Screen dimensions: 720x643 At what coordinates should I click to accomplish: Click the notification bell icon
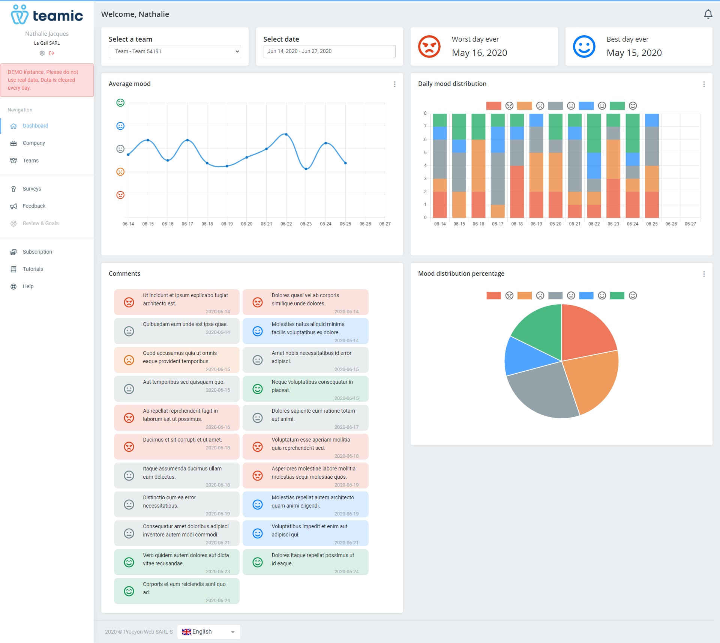708,14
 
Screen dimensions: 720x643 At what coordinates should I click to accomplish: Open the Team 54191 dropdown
175,51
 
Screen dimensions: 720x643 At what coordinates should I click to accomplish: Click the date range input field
329,51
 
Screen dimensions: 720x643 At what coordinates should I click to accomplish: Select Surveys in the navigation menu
32,189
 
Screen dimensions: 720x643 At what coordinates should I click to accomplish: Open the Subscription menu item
37,252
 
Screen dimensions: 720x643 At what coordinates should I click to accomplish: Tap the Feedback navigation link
34,206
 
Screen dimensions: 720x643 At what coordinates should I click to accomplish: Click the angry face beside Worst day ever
429,47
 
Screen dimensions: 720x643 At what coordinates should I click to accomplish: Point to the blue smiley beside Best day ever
584,47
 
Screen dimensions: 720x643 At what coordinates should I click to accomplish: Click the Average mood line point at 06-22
286,134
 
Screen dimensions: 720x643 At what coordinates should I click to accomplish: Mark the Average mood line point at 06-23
306,169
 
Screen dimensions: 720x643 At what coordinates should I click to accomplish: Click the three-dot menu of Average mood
394,84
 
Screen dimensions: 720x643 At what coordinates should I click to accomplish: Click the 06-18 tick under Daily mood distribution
517,224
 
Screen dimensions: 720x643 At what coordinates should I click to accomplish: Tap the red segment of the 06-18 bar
517,192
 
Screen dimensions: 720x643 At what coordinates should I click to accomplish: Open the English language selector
208,632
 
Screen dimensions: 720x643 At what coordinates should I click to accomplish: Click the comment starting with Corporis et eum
177,591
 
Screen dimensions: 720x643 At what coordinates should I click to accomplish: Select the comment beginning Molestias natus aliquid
305,331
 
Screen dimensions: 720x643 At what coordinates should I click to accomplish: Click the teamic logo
47,15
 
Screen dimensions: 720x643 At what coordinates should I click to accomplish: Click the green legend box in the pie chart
617,296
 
